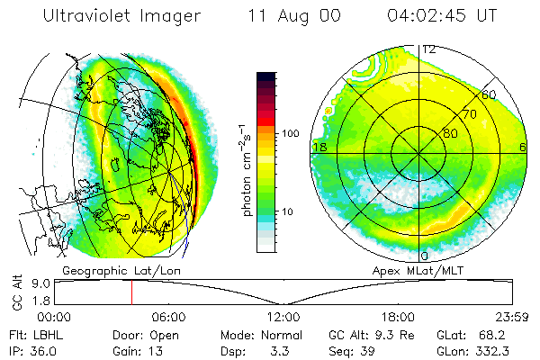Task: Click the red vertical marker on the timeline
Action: [131, 292]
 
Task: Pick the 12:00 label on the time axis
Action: [283, 317]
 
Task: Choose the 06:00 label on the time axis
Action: [168, 317]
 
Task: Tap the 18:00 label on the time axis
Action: [397, 317]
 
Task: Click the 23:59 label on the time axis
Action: [510, 317]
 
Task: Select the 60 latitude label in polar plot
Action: [489, 94]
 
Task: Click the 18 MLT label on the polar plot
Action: [318, 147]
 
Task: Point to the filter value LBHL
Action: [40, 334]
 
